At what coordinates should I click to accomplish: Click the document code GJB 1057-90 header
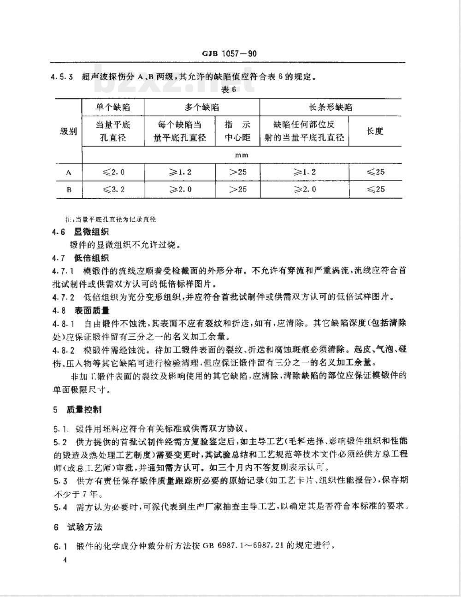coord(229,54)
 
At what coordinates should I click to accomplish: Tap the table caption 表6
coord(229,89)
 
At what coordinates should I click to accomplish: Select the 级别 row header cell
coord(69,131)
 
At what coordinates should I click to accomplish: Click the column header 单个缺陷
coord(112,107)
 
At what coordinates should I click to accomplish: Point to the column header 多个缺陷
coord(202,107)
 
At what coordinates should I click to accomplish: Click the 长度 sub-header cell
coord(375,131)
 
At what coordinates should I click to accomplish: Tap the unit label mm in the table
coord(242,155)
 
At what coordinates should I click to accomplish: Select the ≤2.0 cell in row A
coord(113,172)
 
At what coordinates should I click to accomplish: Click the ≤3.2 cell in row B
coord(113,189)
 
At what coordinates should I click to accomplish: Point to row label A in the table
coord(69,173)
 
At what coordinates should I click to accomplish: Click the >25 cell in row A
coord(237,172)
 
